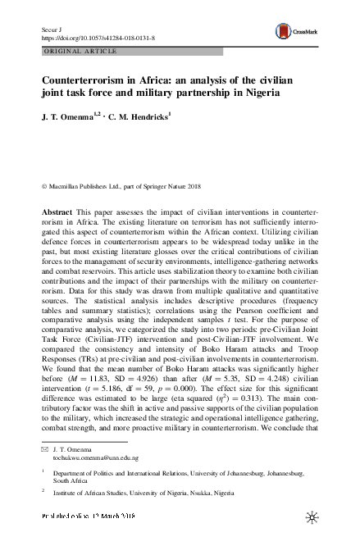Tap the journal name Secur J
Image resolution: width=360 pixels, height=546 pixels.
(x=51, y=28)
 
